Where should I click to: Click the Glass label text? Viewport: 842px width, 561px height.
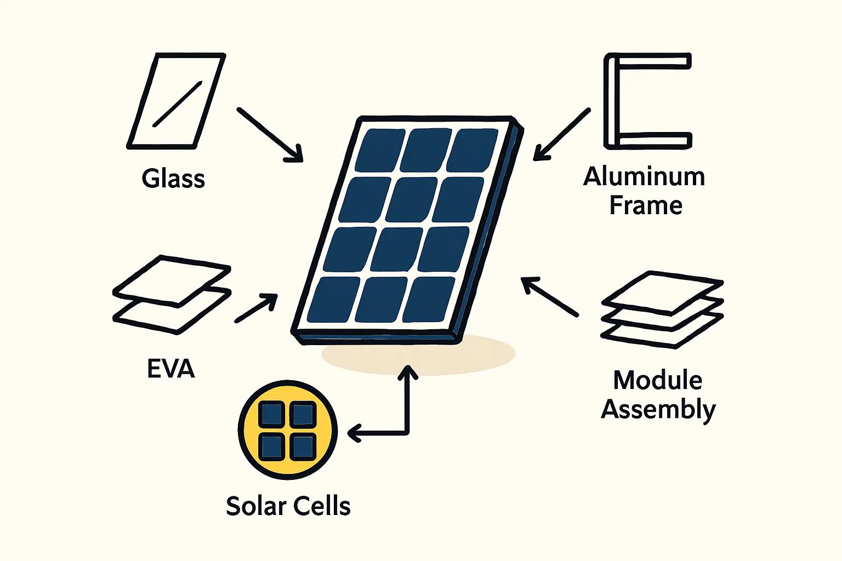tap(173, 179)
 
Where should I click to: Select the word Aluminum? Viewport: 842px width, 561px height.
tap(644, 177)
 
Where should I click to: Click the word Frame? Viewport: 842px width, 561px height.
tap(646, 206)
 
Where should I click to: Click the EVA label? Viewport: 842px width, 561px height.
tap(171, 369)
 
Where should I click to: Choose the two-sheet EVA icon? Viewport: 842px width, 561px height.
tap(172, 294)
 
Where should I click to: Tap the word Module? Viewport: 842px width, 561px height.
tap(658, 380)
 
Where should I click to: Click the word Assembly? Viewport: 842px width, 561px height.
tap(658, 410)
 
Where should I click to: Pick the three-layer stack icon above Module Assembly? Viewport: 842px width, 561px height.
tap(663, 310)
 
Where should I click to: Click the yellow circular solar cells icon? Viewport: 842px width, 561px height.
tap(288, 431)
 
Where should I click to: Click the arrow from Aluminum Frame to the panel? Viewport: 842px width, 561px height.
tap(562, 135)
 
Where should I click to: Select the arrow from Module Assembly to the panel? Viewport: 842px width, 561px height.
tap(549, 296)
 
